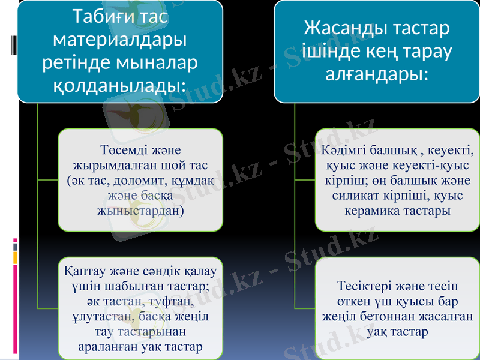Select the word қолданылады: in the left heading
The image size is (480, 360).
119,85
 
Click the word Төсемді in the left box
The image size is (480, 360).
122,149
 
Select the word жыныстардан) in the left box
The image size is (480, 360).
140,211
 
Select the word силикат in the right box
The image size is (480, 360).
355,196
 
